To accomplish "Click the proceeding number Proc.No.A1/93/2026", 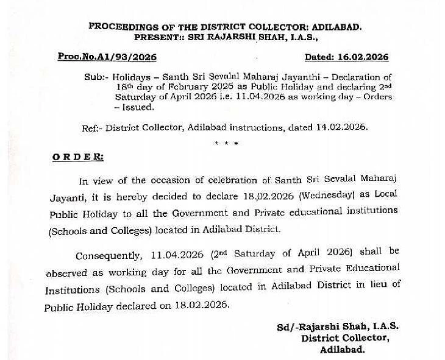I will (x=107, y=57).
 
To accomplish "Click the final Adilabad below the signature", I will (x=343, y=350).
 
